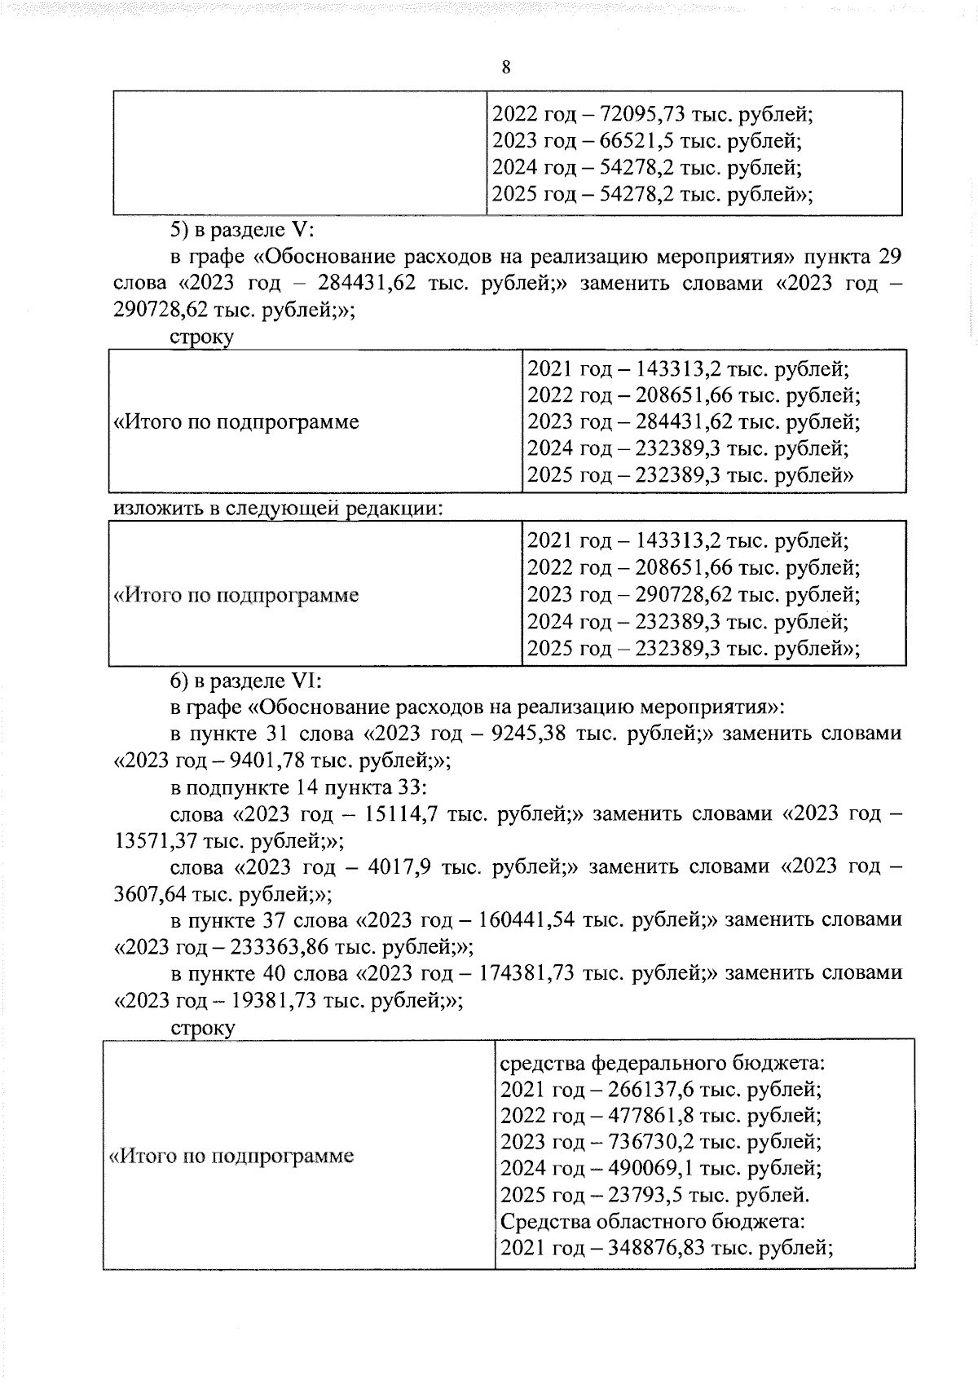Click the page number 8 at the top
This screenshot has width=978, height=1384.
point(506,68)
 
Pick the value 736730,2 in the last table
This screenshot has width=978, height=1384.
point(653,1142)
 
